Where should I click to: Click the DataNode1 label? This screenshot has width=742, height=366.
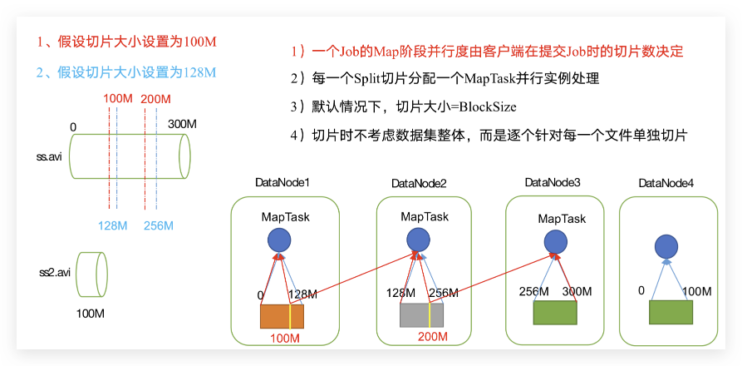point(283,183)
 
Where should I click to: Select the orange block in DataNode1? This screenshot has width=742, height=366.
point(282,316)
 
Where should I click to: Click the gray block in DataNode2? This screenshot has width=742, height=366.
point(421,315)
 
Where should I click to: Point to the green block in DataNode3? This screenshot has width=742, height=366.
point(554,313)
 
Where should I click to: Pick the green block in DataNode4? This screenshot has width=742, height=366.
point(671,312)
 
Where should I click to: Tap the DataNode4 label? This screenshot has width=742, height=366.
point(666,183)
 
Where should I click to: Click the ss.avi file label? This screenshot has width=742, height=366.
point(49,156)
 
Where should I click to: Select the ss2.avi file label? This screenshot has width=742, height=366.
point(55,273)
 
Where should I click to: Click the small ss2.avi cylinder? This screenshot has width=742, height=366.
point(91,274)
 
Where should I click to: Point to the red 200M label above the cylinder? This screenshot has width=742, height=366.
point(155,100)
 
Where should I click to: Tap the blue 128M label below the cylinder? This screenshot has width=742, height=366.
point(113,226)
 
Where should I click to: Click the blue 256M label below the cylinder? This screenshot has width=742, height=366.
point(159,226)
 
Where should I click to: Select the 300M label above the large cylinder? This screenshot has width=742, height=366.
point(182,125)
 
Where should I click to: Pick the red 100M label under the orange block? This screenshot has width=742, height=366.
point(285,338)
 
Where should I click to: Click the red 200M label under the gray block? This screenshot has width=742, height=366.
point(433,337)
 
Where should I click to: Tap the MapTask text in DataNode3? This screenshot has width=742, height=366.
point(562,219)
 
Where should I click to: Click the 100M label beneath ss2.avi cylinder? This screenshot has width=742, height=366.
point(91,314)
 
